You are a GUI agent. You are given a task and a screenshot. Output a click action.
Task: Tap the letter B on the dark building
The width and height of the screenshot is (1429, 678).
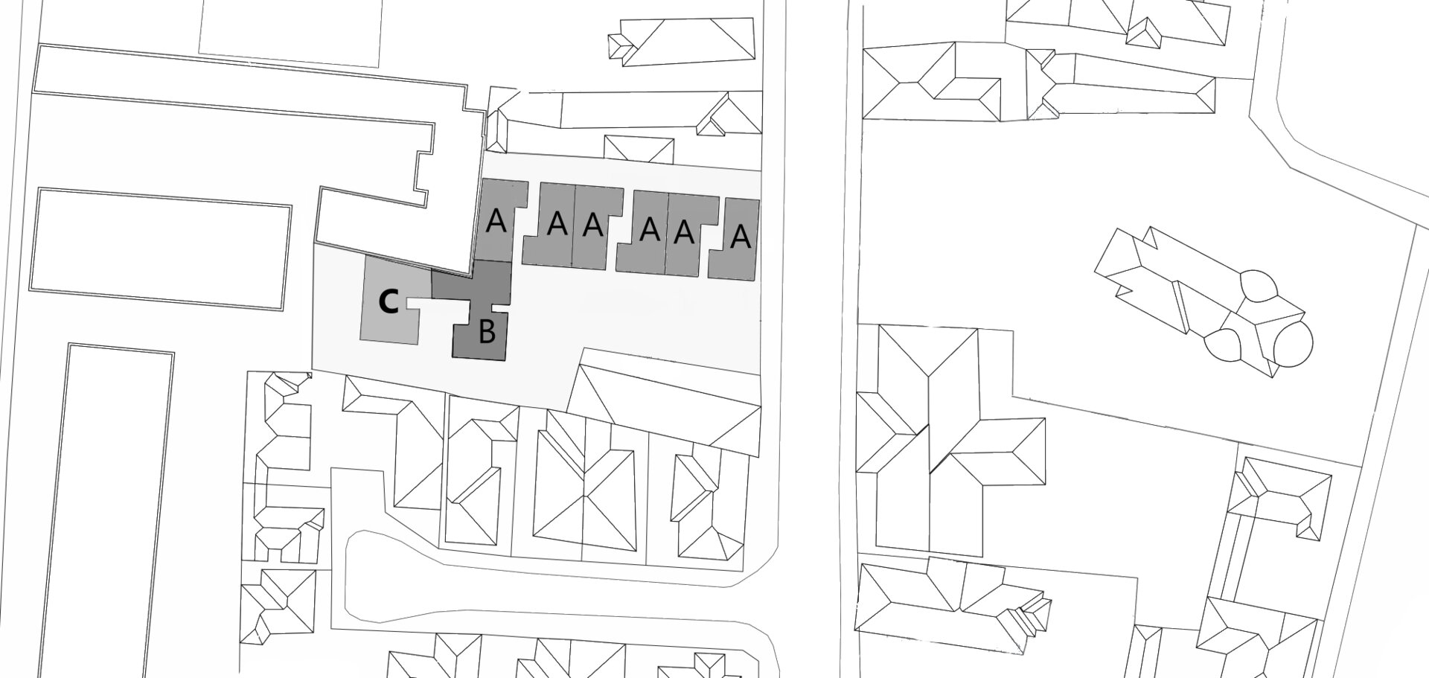coord(487,332)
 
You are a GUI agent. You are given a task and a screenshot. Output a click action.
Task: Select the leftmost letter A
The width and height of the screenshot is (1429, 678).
coord(496,221)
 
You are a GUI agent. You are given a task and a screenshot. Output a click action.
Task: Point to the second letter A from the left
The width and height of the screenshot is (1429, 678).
coord(554,223)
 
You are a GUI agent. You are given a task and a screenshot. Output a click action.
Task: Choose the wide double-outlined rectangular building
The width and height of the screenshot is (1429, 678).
coord(160,249)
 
